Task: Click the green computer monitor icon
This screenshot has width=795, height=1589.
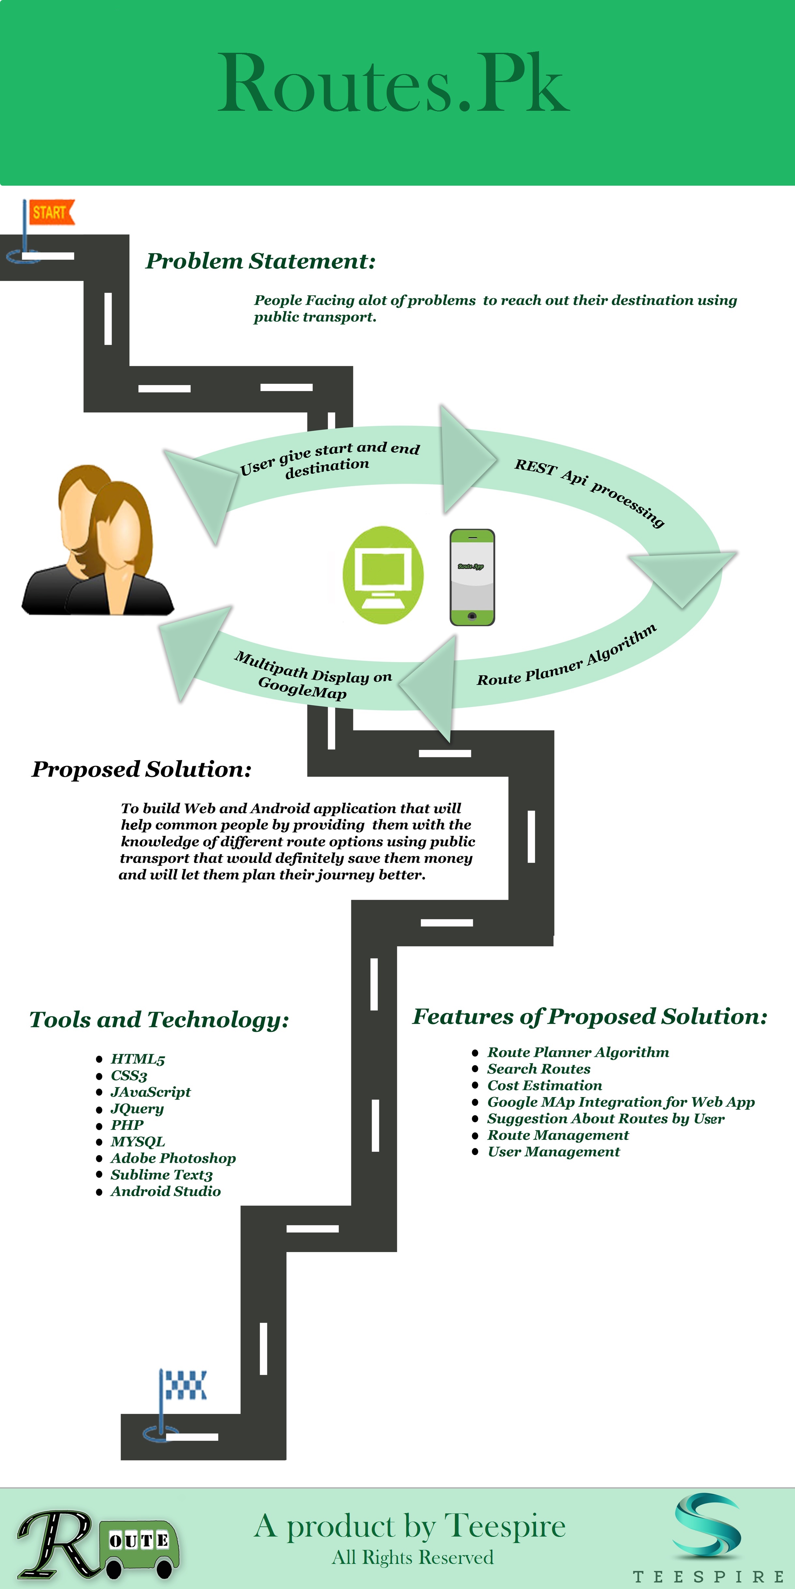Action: [383, 575]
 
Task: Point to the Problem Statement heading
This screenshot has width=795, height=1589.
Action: [261, 261]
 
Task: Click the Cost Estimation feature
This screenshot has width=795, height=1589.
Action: [545, 1085]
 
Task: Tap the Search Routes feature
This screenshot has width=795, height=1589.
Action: [539, 1068]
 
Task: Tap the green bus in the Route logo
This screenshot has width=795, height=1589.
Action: [142, 1545]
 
